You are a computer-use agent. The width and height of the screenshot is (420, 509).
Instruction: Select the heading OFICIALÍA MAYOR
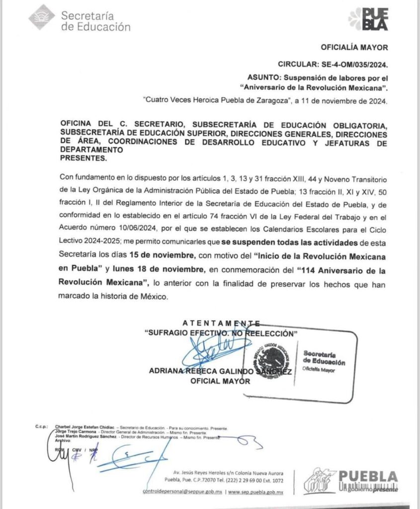[354, 48]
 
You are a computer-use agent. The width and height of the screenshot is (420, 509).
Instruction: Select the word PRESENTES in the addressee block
[83, 159]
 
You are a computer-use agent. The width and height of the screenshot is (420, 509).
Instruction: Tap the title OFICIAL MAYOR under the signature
[220, 381]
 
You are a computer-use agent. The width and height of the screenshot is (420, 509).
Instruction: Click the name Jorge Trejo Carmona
[76, 432]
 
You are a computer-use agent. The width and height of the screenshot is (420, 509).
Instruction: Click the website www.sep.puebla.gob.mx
[256, 492]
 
